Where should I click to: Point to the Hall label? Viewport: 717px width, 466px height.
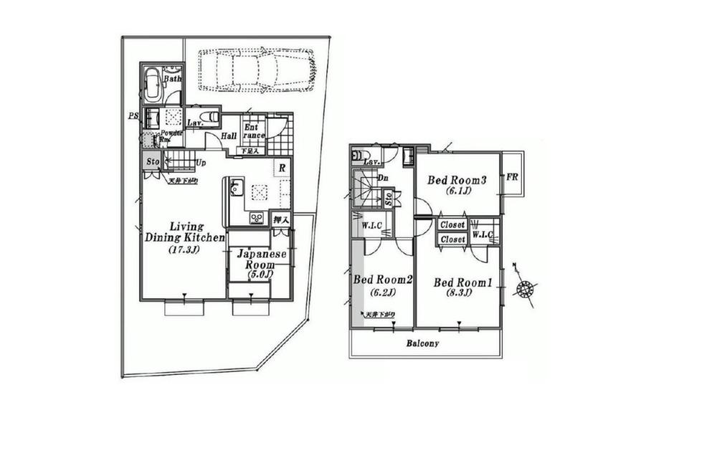tap(229, 136)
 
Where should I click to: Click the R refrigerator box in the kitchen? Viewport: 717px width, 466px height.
tap(282, 168)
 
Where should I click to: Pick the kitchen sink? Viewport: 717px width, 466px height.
tap(237, 190)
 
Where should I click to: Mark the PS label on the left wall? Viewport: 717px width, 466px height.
tap(133, 115)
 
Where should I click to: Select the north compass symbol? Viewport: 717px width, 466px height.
tap(526, 289)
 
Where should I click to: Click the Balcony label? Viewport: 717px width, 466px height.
tap(423, 343)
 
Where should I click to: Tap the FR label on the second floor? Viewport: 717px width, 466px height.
tap(513, 177)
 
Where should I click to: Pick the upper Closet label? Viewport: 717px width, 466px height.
tap(452, 225)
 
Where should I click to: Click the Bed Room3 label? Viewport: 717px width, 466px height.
tap(457, 181)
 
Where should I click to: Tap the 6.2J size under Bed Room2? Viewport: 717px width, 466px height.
tap(380, 293)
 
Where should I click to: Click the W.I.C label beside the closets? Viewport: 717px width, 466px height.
tap(483, 234)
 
